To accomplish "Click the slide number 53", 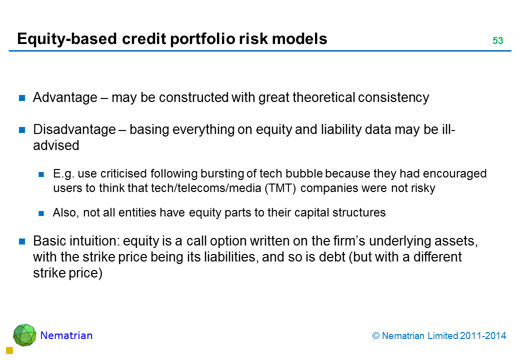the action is (497, 40).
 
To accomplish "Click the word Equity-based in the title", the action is (67, 39).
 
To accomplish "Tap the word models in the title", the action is (299, 39).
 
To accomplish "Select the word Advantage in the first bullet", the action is (65, 98).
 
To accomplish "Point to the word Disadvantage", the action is (74, 129).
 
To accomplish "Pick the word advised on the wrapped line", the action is (56, 145).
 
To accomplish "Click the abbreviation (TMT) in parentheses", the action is (280, 188).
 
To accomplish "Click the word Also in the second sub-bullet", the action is (65, 212).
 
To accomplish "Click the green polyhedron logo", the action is (24, 335).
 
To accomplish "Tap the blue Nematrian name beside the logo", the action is (66, 335).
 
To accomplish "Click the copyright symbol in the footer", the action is (375, 336).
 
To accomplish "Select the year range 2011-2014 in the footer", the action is (483, 336).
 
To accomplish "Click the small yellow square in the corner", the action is (9, 350).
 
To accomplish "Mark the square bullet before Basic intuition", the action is (22, 241).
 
